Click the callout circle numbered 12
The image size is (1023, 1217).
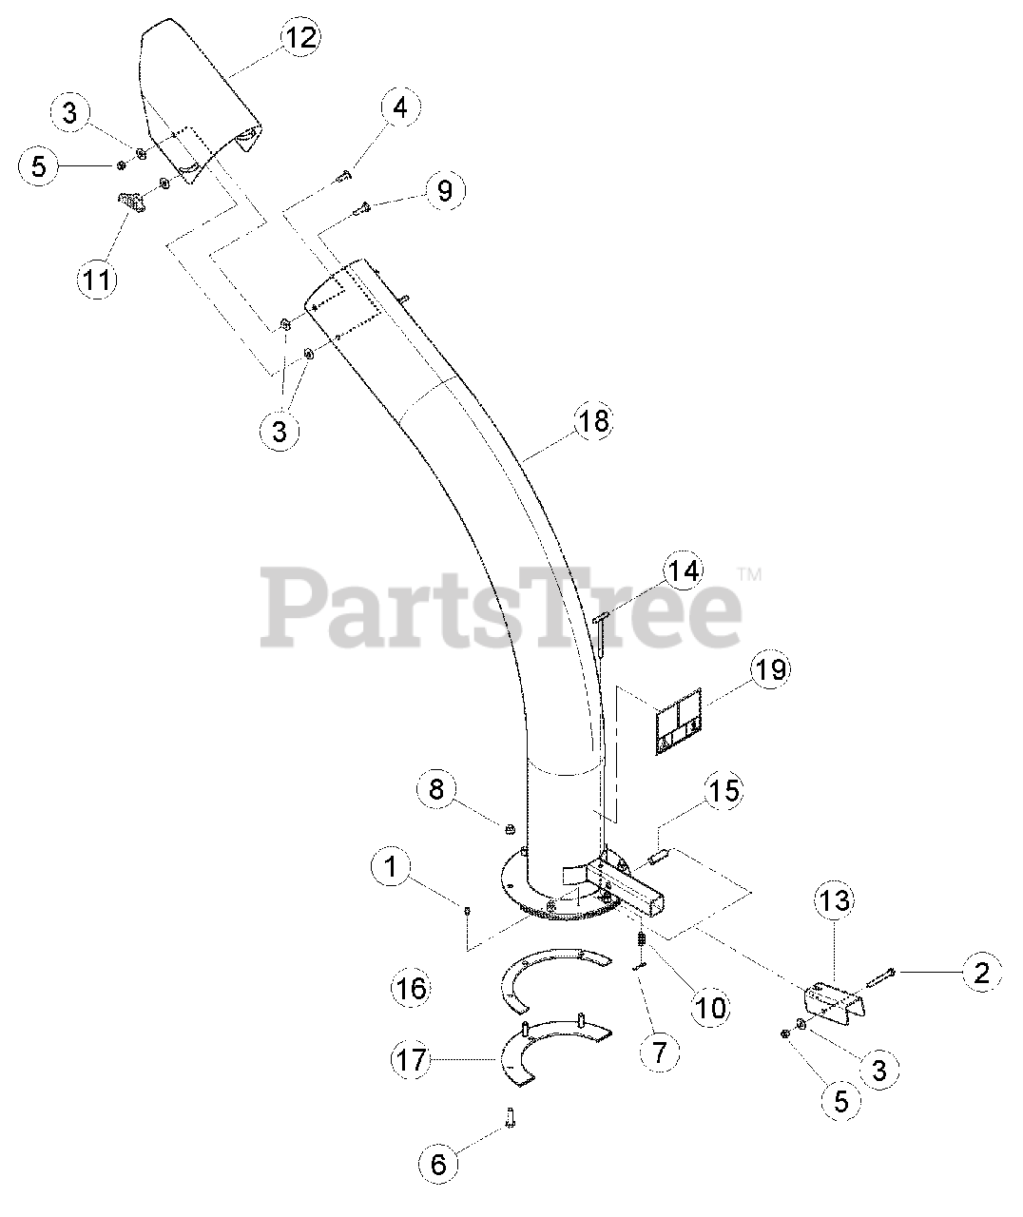click(x=299, y=37)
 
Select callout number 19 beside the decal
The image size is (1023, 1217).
click(x=770, y=668)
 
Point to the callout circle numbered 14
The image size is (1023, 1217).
click(x=684, y=571)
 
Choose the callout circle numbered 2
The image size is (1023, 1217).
click(x=981, y=972)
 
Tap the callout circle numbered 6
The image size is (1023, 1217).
click(x=438, y=1163)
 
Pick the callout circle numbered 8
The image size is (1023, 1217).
click(x=436, y=788)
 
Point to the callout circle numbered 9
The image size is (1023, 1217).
click(x=444, y=191)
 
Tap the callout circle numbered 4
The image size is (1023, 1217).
click(x=399, y=108)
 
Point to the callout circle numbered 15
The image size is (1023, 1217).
click(x=724, y=791)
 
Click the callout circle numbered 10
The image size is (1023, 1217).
click(x=711, y=1006)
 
